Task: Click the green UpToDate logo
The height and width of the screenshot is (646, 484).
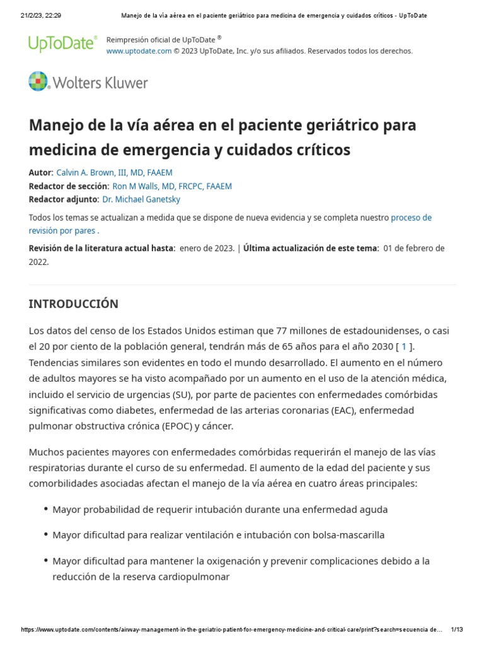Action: coord(62,43)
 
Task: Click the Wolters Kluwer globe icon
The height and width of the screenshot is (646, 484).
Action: coord(38,82)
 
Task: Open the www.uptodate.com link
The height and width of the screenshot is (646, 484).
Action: coord(139,51)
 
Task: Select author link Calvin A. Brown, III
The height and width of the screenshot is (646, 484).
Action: coord(114,172)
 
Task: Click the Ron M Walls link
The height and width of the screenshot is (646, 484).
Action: coord(172,186)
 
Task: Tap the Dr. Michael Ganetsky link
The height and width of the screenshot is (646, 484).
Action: coord(141,199)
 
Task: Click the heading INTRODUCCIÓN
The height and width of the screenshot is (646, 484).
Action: coord(73,304)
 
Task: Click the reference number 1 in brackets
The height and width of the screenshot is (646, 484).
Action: coord(404,346)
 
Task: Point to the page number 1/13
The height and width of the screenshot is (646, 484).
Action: coord(457,630)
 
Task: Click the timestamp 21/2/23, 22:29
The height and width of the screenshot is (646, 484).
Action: coord(41,15)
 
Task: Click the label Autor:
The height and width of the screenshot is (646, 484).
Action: coord(41,172)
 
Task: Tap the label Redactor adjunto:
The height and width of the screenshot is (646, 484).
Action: coord(64,199)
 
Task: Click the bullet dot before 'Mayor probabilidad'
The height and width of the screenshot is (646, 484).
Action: coord(46,509)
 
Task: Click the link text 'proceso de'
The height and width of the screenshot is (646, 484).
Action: coord(411,218)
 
